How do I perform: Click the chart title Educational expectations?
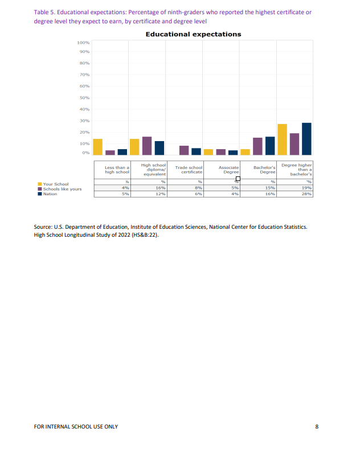coord(193,34)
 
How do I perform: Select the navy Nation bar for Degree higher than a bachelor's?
coord(306,139)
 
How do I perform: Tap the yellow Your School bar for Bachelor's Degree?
coord(246,152)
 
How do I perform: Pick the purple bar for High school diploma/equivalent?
coord(147,146)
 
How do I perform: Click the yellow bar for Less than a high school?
coord(98,147)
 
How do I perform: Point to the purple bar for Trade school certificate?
coord(184,150)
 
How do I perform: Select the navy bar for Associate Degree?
coord(233,153)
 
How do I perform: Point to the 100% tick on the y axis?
coord(83,43)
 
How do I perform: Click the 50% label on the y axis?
coord(84,98)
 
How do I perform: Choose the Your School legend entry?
coord(55,184)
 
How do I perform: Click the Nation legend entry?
coord(50,193)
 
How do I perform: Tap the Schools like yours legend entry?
coord(62,189)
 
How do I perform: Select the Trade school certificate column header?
coord(189,170)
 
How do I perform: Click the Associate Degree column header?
coord(228,170)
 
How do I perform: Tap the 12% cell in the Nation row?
coord(161,194)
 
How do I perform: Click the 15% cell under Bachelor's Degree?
coord(271,188)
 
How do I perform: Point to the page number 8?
coord(317,427)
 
